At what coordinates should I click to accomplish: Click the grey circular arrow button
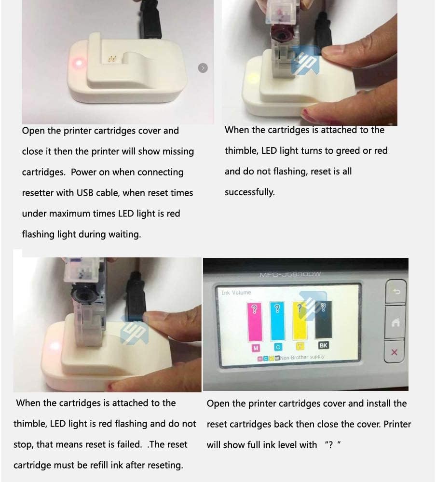(203, 68)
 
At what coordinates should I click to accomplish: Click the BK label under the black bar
(324, 346)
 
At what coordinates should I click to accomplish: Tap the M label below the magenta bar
(255, 347)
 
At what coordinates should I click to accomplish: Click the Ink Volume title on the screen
(236, 293)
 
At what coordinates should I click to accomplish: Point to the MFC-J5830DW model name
(290, 275)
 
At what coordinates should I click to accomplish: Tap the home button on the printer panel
(395, 323)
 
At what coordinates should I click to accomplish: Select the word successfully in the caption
(249, 192)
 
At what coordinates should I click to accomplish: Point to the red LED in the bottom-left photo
(54, 346)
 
